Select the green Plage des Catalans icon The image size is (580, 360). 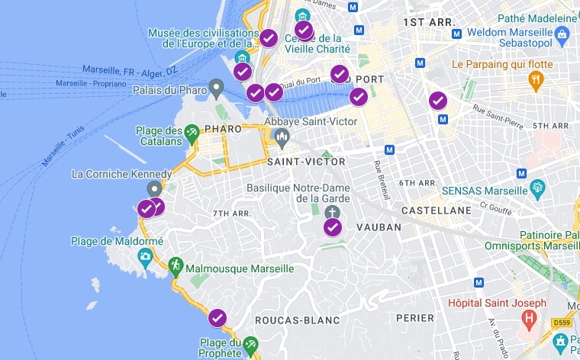point(192,132)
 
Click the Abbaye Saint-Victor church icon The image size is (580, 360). point(282,137)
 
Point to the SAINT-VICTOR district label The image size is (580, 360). point(306,162)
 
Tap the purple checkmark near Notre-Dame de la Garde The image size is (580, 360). point(333,227)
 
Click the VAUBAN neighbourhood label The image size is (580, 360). point(378,227)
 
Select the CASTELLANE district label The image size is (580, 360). point(437,210)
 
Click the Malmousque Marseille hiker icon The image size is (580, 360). point(176,265)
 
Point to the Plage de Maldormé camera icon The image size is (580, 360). point(145,258)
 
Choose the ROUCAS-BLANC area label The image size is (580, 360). point(298,320)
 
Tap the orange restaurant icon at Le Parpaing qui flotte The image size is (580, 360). point(536,79)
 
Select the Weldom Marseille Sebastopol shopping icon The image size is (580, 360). point(562,33)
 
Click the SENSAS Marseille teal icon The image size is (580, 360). point(537,187)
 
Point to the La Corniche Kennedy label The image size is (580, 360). point(121,174)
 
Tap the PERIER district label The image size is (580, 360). point(414,317)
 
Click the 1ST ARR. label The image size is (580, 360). point(429,22)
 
